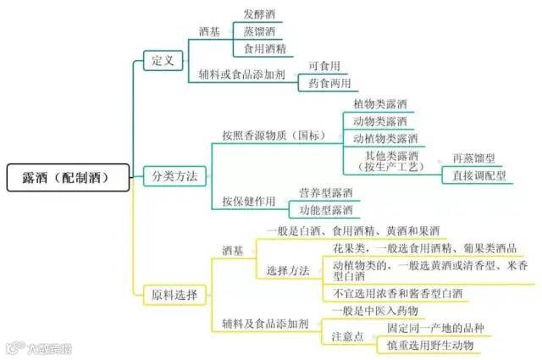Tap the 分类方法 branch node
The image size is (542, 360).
pyautogui.click(x=174, y=177)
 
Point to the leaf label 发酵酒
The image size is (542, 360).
pyautogui.click(x=260, y=14)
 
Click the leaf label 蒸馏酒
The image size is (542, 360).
pyautogui.click(x=260, y=31)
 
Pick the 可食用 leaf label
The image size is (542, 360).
pyautogui.click(x=324, y=65)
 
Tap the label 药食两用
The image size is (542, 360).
pyautogui.click(x=330, y=82)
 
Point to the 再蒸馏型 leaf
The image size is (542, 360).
pyautogui.click(x=477, y=159)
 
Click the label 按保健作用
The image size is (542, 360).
pyautogui.click(x=249, y=202)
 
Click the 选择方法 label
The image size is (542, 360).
pyautogui.click(x=288, y=271)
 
